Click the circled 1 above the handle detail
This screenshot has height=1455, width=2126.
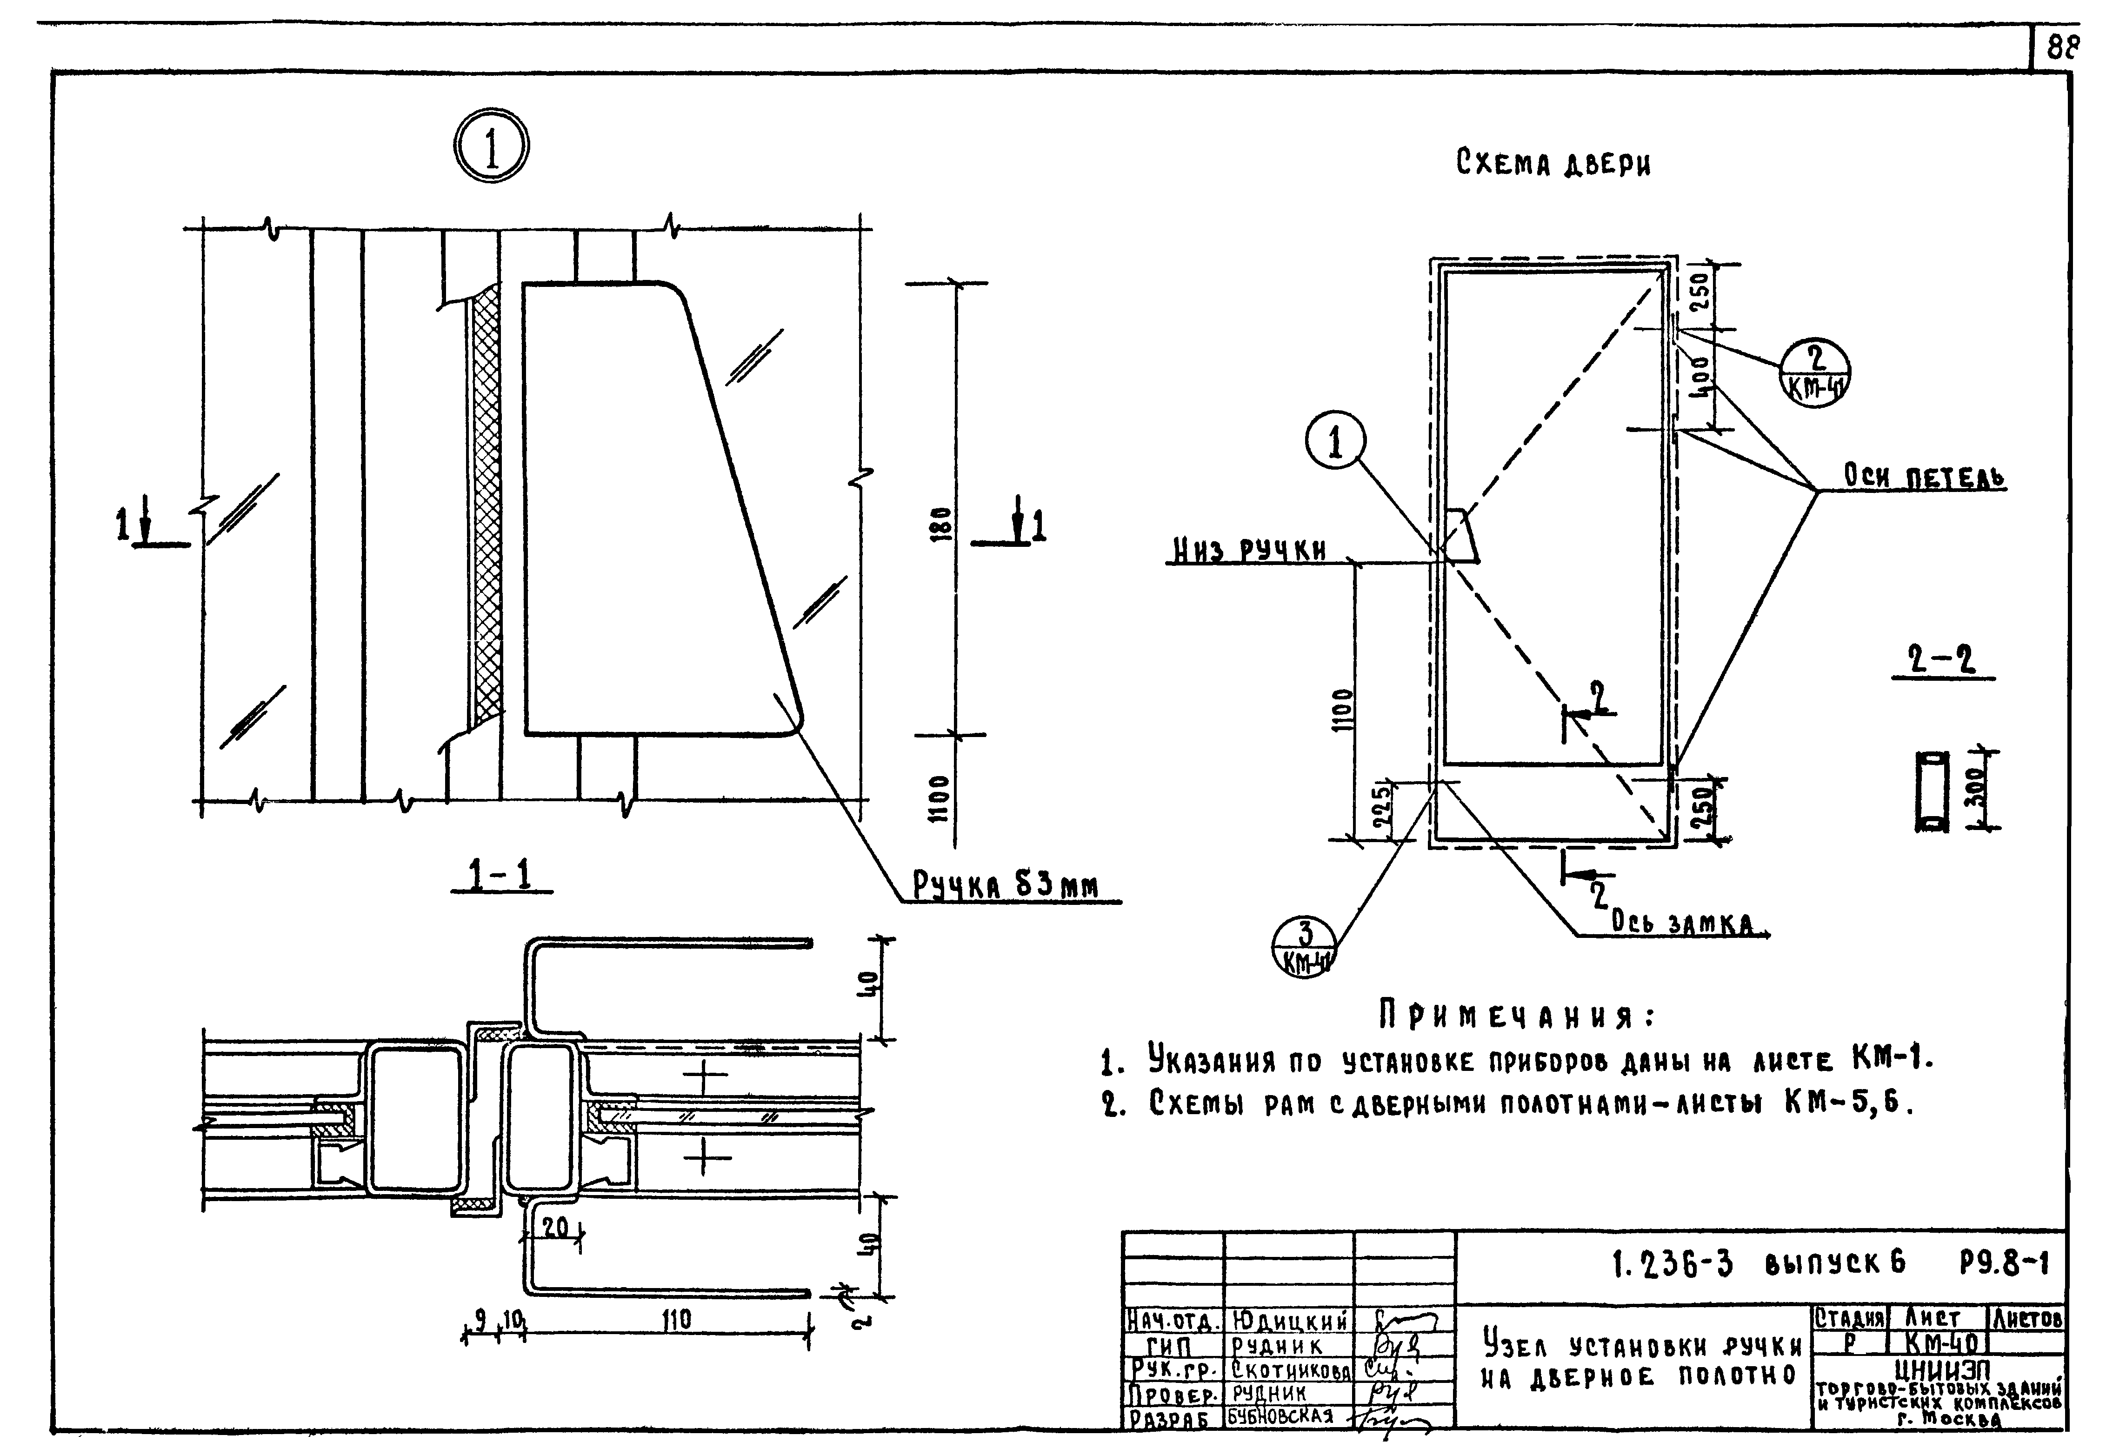tap(491, 148)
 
